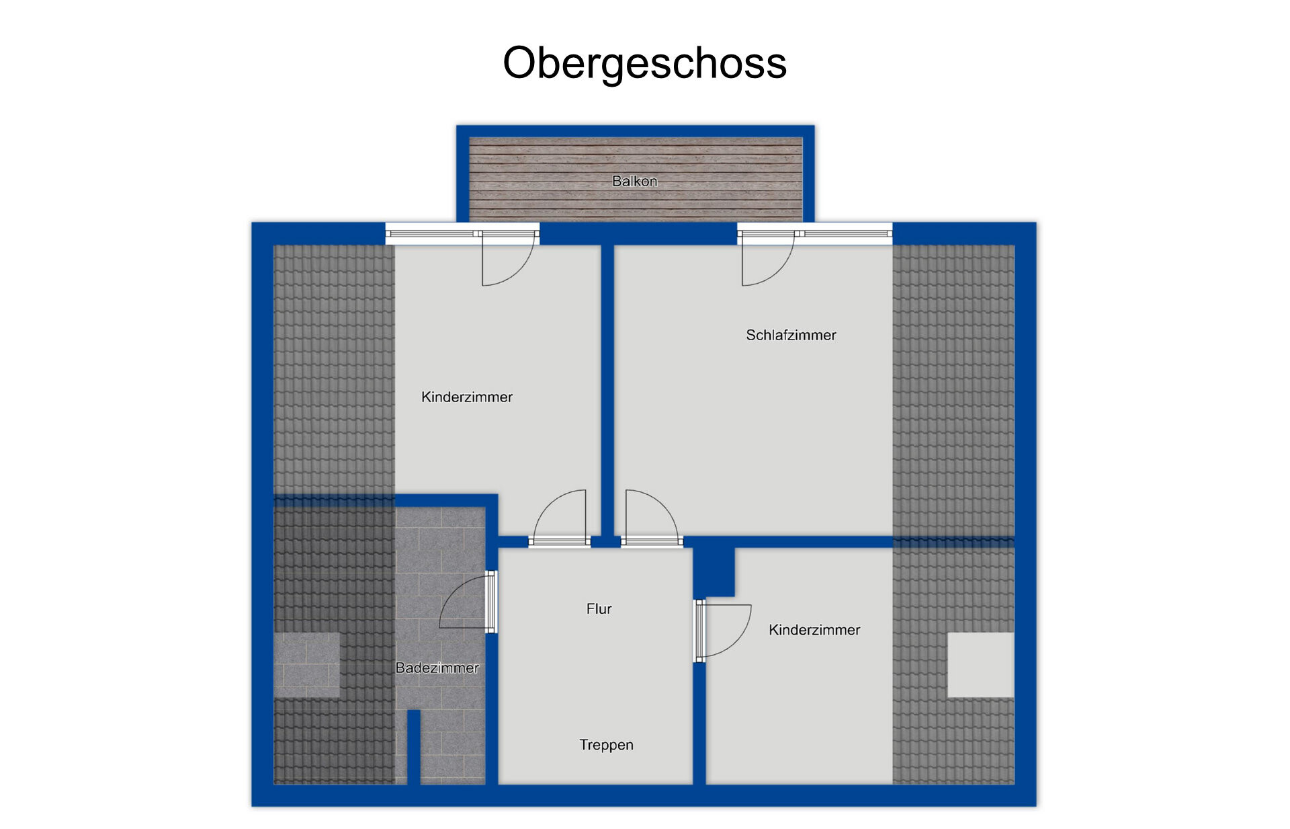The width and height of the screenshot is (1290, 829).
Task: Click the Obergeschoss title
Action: tap(644, 64)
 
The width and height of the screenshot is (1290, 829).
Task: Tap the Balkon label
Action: tap(634, 181)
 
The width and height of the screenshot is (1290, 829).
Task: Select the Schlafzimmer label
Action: tap(791, 335)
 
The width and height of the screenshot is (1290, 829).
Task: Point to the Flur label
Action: tap(599, 608)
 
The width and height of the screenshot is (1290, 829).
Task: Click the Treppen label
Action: tap(606, 745)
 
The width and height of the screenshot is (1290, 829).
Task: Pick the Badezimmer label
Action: tap(437, 668)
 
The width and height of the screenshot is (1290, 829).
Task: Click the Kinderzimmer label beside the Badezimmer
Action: tap(466, 397)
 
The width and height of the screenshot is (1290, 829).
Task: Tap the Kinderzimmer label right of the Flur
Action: tap(814, 630)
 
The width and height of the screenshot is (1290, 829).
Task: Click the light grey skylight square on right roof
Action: tap(980, 665)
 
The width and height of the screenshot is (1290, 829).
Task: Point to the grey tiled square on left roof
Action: tap(306, 665)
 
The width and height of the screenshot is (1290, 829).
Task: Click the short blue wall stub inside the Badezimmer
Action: tap(414, 747)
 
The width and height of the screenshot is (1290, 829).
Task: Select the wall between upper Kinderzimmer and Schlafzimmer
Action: tap(607, 390)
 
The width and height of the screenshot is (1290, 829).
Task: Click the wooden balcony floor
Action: tap(636, 180)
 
